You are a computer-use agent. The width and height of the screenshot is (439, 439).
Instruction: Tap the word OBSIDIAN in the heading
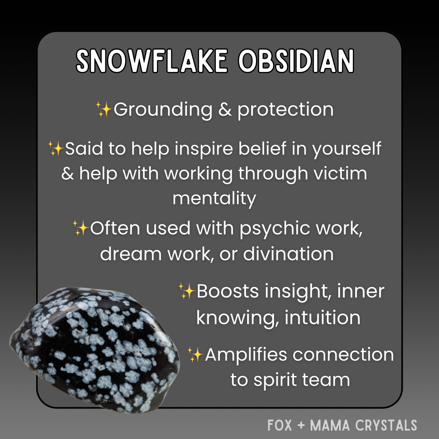coord(296,62)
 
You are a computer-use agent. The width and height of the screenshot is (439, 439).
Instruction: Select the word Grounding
coord(163,110)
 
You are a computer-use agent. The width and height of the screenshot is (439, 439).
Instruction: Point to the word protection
coord(285,110)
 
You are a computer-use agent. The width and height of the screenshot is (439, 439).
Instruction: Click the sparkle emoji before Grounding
coord(104,110)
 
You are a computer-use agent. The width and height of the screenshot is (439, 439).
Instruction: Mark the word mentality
coord(214,199)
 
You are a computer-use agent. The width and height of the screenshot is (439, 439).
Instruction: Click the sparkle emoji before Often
coord(80,228)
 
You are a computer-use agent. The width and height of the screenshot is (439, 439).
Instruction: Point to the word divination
coord(288,254)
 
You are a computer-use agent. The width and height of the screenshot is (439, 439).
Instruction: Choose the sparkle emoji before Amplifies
coord(196,355)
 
